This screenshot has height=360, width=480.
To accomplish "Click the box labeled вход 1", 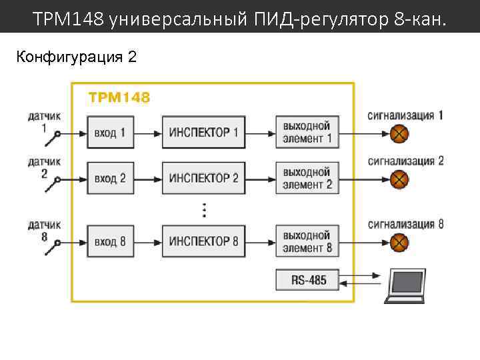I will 109,133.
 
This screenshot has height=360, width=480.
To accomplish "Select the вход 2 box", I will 109,179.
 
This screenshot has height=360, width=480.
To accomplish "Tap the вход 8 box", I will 109,241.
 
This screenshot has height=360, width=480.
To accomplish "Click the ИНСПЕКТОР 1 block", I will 203,133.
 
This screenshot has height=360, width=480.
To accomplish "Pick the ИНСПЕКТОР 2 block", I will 203,179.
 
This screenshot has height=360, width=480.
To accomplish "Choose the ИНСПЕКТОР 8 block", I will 203,241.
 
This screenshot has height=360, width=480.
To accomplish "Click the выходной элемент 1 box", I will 307,133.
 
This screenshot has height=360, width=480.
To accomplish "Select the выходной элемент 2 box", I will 307,179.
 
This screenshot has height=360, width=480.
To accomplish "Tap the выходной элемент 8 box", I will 307,241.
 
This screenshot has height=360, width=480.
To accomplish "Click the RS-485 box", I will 308,280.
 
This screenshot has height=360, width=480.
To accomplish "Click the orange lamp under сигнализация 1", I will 399,134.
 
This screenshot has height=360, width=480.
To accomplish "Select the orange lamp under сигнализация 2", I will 399,179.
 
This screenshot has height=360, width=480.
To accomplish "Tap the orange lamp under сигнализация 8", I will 399,241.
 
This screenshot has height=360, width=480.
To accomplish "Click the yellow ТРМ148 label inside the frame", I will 119,98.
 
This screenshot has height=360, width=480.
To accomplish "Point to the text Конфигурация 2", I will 77,57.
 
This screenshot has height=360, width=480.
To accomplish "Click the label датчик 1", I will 44,121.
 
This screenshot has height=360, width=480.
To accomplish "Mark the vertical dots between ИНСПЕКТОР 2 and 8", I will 204,210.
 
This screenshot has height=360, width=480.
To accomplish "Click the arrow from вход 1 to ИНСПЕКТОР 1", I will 147,133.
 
